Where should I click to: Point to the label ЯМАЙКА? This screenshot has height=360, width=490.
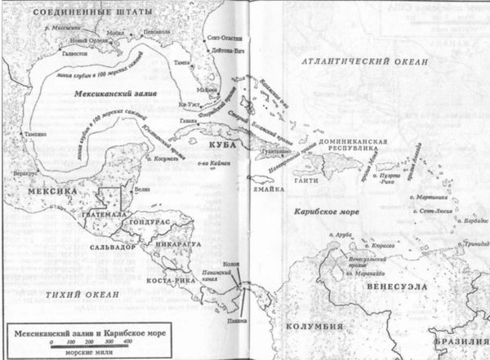pyautogui.click(x=267, y=189)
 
